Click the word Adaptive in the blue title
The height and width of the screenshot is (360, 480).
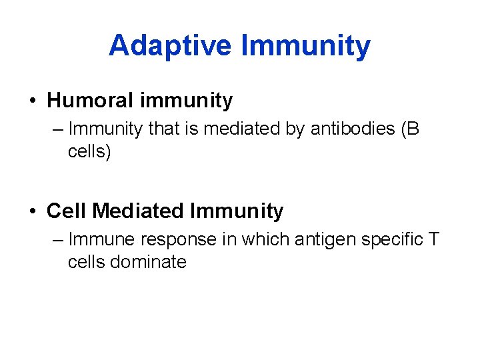pyautogui.click(x=170, y=46)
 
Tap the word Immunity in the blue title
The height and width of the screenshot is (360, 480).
pyautogui.click(x=305, y=46)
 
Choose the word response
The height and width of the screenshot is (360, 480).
pyautogui.click(x=179, y=239)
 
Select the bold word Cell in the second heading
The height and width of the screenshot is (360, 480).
pyautogui.click(x=67, y=211)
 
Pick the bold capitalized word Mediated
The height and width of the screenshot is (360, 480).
pyautogui.click(x=138, y=211)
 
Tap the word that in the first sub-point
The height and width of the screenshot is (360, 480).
pyautogui.click(x=162, y=129)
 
